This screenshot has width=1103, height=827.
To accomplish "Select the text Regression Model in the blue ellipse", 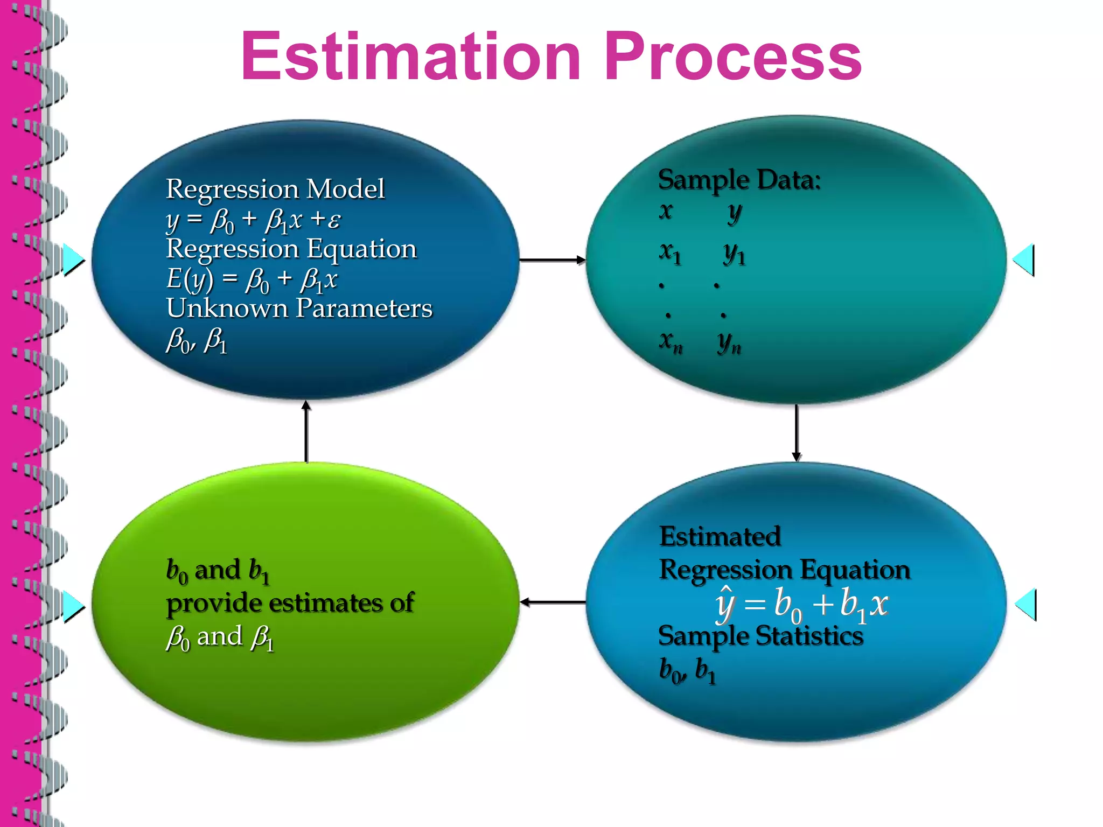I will pyautogui.click(x=275, y=189).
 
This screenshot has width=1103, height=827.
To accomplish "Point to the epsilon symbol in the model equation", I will pyautogui.click(x=334, y=220).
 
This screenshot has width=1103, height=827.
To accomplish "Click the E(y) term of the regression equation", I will pyautogui.click(x=189, y=279).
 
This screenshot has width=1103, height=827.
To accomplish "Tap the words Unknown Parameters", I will pyautogui.click(x=299, y=309).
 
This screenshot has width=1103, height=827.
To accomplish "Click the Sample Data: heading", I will pyautogui.click(x=739, y=180).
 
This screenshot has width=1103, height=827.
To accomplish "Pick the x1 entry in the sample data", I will pyautogui.click(x=670, y=252).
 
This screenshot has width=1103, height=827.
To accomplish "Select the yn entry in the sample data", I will pyautogui.click(x=729, y=342).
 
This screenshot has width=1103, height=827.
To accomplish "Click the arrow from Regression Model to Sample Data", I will pyautogui.click(x=552, y=260).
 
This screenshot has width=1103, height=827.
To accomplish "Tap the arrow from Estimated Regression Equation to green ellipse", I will pyautogui.click(x=553, y=602).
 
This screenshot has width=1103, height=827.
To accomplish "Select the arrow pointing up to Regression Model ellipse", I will pyautogui.click(x=306, y=431).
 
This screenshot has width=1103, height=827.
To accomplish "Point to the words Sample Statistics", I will pyautogui.click(x=760, y=636).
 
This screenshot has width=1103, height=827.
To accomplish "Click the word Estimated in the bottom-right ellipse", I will pyautogui.click(x=720, y=537).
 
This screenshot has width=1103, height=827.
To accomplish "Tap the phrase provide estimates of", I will pyautogui.click(x=290, y=603).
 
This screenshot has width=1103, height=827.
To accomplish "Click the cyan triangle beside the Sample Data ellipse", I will pyautogui.click(x=1024, y=260).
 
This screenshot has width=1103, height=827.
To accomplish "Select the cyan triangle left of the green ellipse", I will pyautogui.click(x=73, y=606).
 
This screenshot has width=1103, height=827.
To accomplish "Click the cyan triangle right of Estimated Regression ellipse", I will pyautogui.click(x=1025, y=604).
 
